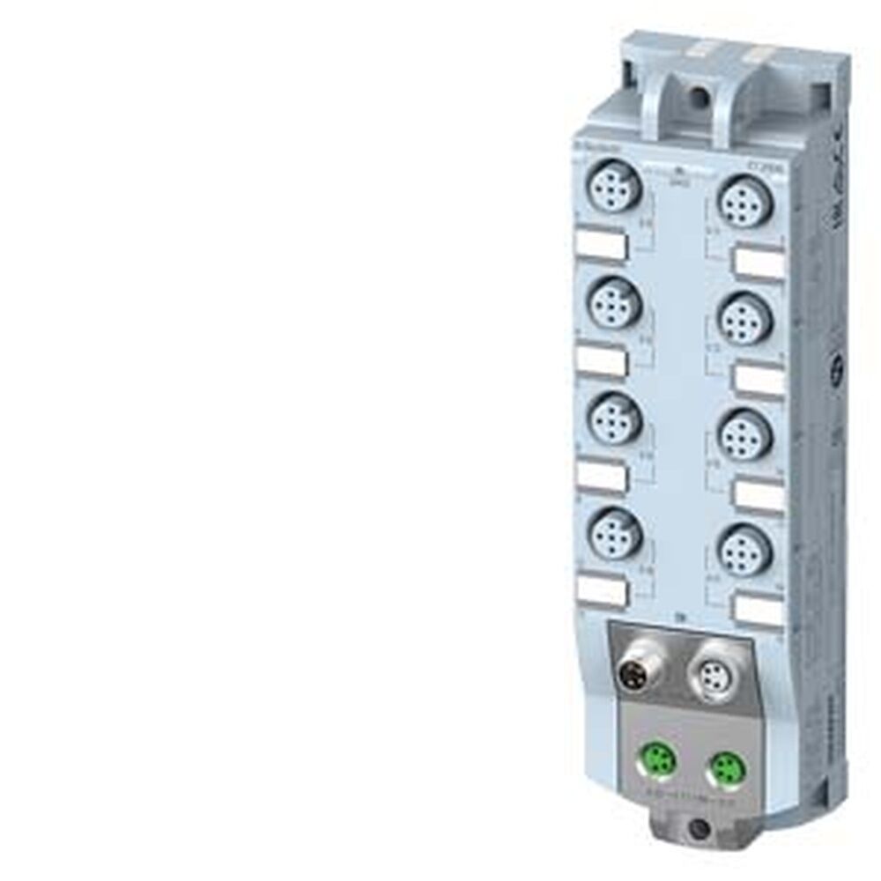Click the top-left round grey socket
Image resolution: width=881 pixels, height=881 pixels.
[x=614, y=189]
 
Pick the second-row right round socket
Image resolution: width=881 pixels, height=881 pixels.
[x=745, y=318]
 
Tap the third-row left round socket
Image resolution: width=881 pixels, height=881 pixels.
[x=614, y=418]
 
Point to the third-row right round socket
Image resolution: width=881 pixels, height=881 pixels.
[x=745, y=433]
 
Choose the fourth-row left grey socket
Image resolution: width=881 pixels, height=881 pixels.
[x=614, y=531]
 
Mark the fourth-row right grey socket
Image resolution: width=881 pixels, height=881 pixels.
[x=745, y=550]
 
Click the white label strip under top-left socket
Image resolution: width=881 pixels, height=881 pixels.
[x=602, y=246]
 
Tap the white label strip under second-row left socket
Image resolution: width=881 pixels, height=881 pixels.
[x=602, y=360]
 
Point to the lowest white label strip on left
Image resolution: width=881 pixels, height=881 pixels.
[x=602, y=590]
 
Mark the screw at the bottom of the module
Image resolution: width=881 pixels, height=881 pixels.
[x=698, y=828]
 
